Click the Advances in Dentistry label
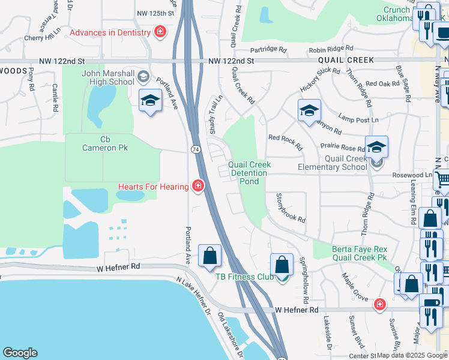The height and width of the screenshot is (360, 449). (111, 32)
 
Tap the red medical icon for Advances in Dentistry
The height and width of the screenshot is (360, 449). (160, 32)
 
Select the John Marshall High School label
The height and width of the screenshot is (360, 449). (108, 77)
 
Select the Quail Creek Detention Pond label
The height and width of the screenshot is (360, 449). (249, 173)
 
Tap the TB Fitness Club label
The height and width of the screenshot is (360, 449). (244, 277)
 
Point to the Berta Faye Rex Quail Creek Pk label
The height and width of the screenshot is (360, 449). (359, 254)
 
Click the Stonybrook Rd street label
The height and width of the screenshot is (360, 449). (290, 208)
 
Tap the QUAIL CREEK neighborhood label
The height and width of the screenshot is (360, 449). (346, 60)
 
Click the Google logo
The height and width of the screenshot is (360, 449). (20, 353)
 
